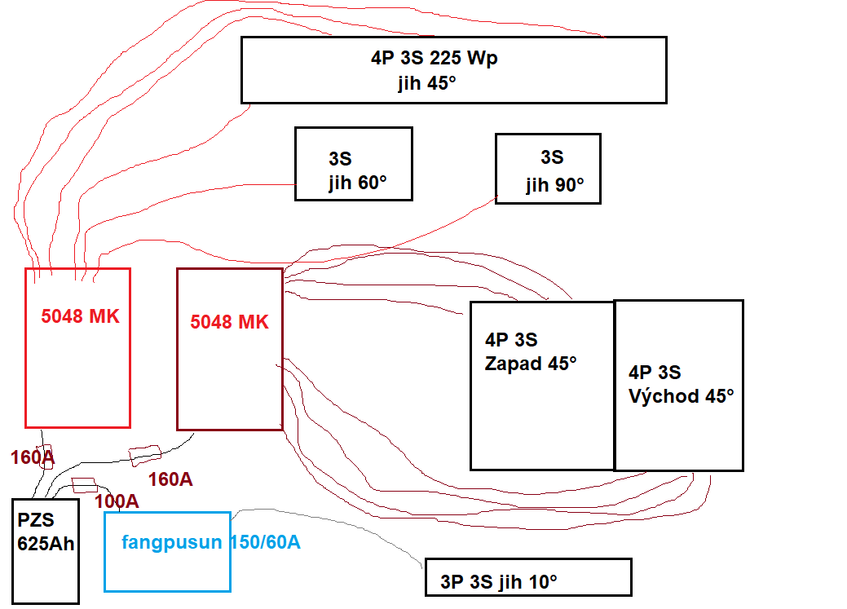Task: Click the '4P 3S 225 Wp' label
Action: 434,59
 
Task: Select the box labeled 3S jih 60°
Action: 353,164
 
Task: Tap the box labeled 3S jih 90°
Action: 548,169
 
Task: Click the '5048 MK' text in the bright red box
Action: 80,316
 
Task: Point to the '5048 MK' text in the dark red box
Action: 229,322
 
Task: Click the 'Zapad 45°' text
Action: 531,364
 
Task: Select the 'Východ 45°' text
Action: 681,396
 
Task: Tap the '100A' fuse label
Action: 117,501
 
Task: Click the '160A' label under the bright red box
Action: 33,457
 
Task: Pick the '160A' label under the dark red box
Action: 170,479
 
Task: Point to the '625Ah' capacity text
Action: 46,543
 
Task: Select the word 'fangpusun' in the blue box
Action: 171,542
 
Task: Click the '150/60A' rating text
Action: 264,542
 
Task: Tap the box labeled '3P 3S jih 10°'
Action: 527,577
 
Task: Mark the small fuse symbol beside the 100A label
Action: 84,486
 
